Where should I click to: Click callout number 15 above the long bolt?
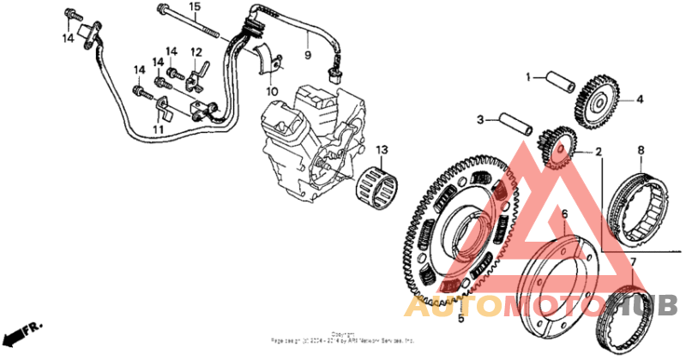tap(195, 7)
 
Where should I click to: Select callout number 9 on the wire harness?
tap(307, 57)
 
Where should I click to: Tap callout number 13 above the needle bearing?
tap(381, 150)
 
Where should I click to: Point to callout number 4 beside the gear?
tap(639, 99)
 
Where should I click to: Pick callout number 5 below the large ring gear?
tap(460, 319)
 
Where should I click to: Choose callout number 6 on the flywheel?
tap(564, 213)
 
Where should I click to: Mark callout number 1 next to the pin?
tap(529, 76)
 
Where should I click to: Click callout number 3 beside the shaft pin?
tap(481, 119)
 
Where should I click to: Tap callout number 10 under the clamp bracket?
tap(272, 91)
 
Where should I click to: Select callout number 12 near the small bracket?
tap(196, 51)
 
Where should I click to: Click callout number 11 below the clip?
tap(157, 129)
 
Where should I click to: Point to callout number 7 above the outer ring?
tap(633, 261)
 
